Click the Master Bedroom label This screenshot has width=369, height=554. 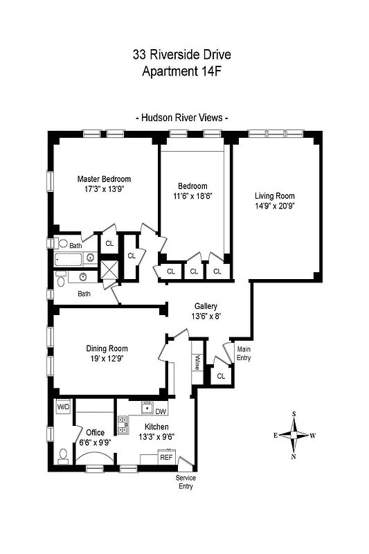pyautogui.click(x=104, y=179)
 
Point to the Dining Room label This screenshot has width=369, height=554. pyautogui.click(x=107, y=348)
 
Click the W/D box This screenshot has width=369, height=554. pyautogui.click(x=63, y=406)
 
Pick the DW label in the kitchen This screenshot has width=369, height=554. pyautogui.click(x=161, y=411)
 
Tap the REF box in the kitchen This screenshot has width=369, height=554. pyautogui.click(x=166, y=457)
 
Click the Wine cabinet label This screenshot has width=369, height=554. pyautogui.click(x=197, y=362)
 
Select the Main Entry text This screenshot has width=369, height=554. pyautogui.click(x=244, y=354)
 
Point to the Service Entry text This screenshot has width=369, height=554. pyautogui.click(x=184, y=482)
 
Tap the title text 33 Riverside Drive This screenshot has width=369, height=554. pyautogui.click(x=182, y=53)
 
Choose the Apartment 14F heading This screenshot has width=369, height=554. pyautogui.click(x=182, y=70)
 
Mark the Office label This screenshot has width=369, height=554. pyautogui.click(x=90, y=433)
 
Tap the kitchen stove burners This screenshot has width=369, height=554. pyautogui.click(x=123, y=423)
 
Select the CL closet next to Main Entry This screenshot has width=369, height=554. pyautogui.click(x=221, y=376)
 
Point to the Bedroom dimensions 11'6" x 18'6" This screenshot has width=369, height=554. pyautogui.click(x=192, y=196)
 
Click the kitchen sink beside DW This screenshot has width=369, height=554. pyautogui.click(x=146, y=406)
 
